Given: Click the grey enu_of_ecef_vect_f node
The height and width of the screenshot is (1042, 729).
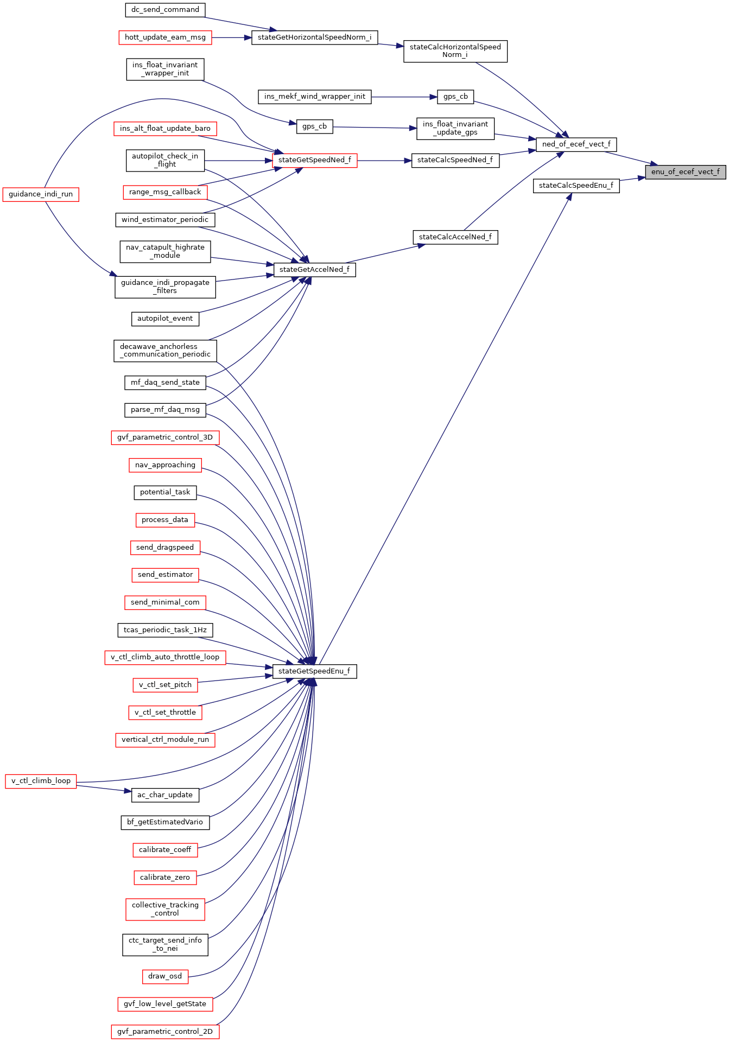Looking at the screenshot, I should (685, 172).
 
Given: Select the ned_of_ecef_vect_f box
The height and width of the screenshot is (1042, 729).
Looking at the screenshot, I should (576, 144).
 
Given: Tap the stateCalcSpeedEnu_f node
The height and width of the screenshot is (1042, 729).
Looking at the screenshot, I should (576, 186).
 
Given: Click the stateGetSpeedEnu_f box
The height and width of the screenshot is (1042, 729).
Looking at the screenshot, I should (314, 671).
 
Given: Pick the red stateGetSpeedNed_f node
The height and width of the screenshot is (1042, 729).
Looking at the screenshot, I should (314, 160).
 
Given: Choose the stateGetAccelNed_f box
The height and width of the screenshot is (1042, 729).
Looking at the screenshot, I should (314, 270).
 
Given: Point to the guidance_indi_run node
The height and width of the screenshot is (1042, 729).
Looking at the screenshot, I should (41, 194).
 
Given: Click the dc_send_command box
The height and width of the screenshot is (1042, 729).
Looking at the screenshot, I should (165, 10).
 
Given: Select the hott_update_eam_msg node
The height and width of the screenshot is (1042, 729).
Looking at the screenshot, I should (165, 37).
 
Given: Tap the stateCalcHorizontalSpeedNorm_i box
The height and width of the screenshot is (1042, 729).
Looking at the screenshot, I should (455, 51).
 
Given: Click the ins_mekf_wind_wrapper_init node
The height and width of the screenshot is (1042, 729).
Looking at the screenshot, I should (314, 97).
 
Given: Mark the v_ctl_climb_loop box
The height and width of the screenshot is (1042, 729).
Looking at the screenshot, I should (41, 781).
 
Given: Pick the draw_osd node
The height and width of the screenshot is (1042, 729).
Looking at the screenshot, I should (165, 976).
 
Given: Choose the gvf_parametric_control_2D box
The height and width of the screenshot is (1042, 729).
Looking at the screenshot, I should (165, 1032).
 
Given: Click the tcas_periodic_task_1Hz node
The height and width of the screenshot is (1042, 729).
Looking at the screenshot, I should (165, 630).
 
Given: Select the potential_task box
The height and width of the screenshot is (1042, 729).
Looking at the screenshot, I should (165, 492).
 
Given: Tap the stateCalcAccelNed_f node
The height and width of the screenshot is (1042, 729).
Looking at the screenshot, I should (455, 237).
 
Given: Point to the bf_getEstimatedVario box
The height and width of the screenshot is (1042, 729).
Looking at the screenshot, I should (165, 822).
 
